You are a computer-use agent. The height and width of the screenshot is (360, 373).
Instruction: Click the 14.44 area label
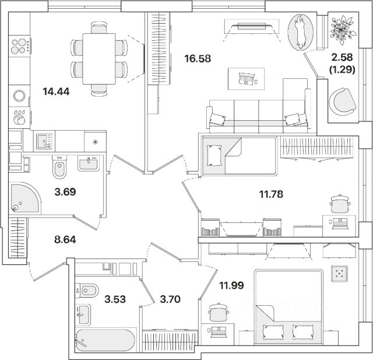tap(56, 91)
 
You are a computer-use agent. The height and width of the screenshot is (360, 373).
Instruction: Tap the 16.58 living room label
tap(197, 58)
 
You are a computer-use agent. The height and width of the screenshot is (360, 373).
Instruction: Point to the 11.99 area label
tap(231, 285)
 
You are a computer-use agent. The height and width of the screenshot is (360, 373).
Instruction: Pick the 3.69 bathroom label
tap(65, 190)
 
